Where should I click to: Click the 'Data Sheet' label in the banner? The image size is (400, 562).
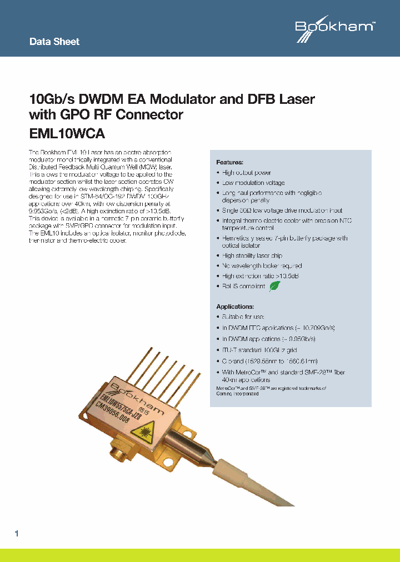(x=54, y=42)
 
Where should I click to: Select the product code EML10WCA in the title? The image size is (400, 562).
(x=67, y=134)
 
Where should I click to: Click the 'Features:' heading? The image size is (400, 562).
(x=229, y=163)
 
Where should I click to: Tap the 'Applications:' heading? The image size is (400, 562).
(x=234, y=307)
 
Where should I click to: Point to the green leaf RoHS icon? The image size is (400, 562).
(x=274, y=286)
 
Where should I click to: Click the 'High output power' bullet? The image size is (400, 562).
(x=246, y=173)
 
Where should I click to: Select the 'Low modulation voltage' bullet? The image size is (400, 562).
(x=253, y=183)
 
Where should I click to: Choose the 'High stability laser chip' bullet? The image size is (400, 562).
(x=252, y=256)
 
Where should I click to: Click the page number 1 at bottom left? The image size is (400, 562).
(x=17, y=534)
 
